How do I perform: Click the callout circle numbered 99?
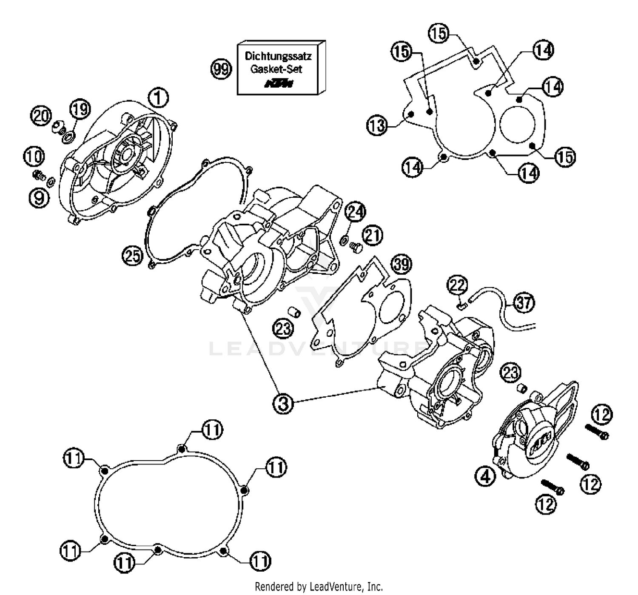[x=221, y=68]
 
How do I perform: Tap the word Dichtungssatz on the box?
[x=278, y=56]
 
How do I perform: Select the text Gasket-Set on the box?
[x=276, y=69]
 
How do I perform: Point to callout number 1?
[x=158, y=98]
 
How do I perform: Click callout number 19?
[x=80, y=109]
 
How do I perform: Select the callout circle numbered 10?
[x=34, y=156]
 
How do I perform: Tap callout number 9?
[x=39, y=197]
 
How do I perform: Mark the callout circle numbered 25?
[x=132, y=256]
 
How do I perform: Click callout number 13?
[x=377, y=125]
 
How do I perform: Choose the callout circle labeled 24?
[x=355, y=211]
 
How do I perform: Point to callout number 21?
[x=373, y=235]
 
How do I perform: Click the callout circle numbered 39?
[x=402, y=264]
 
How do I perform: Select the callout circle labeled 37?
[x=524, y=303]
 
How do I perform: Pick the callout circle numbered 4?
[x=485, y=476]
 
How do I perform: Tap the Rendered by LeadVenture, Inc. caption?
[x=319, y=587]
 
